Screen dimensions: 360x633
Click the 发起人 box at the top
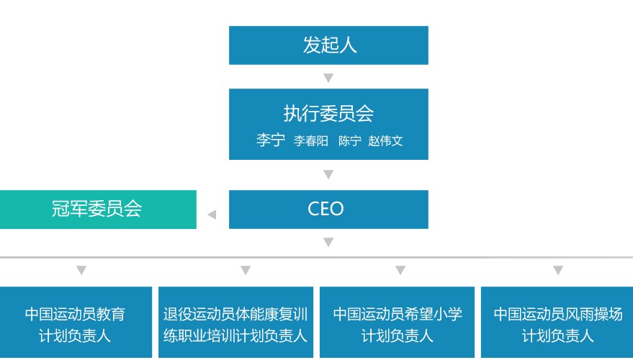pyautogui.click(x=328, y=45)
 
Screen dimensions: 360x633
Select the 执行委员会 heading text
pyautogui.click(x=328, y=113)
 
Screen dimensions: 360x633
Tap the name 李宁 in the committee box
pyautogui.click(x=270, y=140)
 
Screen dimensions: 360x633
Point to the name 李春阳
pyautogui.click(x=310, y=141)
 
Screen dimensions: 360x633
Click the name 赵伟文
pyautogui.click(x=385, y=141)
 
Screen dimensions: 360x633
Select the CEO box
pyautogui.click(x=328, y=210)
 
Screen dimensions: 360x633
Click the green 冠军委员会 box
pyautogui.click(x=97, y=210)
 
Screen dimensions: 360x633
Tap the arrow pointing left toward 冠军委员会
pyautogui.click(x=212, y=215)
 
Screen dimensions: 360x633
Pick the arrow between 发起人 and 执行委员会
pyautogui.click(x=328, y=78)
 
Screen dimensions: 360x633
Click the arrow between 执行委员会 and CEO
pyautogui.click(x=328, y=174)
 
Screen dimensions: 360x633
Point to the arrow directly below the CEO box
pyautogui.click(x=328, y=243)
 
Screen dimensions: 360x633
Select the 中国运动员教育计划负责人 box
pyautogui.click(x=76, y=324)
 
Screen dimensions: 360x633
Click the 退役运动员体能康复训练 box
pyautogui.click(x=235, y=324)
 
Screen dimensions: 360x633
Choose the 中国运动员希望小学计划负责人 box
pyautogui.click(x=397, y=324)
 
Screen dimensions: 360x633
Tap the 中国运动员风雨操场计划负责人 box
pyautogui.click(x=557, y=324)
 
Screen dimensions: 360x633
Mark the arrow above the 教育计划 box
pyautogui.click(x=81, y=271)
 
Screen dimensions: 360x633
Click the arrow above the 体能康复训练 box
pyautogui.click(x=246, y=271)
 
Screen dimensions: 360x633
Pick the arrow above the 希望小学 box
pyautogui.click(x=400, y=271)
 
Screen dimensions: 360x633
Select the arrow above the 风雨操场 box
pyautogui.click(x=558, y=271)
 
